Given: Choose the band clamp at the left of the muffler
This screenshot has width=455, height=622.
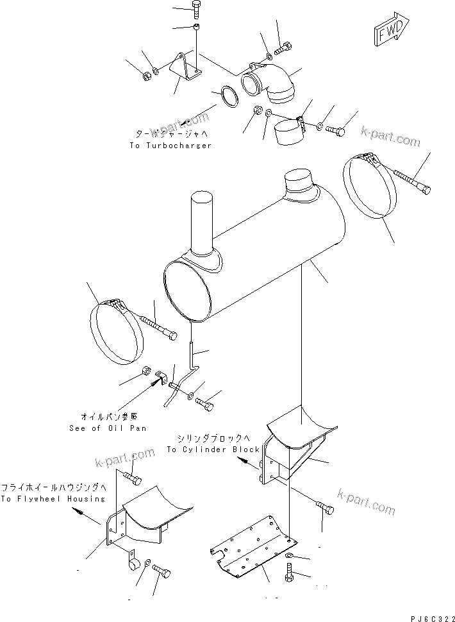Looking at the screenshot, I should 117,332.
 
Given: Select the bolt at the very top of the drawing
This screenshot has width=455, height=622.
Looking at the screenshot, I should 195,9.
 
